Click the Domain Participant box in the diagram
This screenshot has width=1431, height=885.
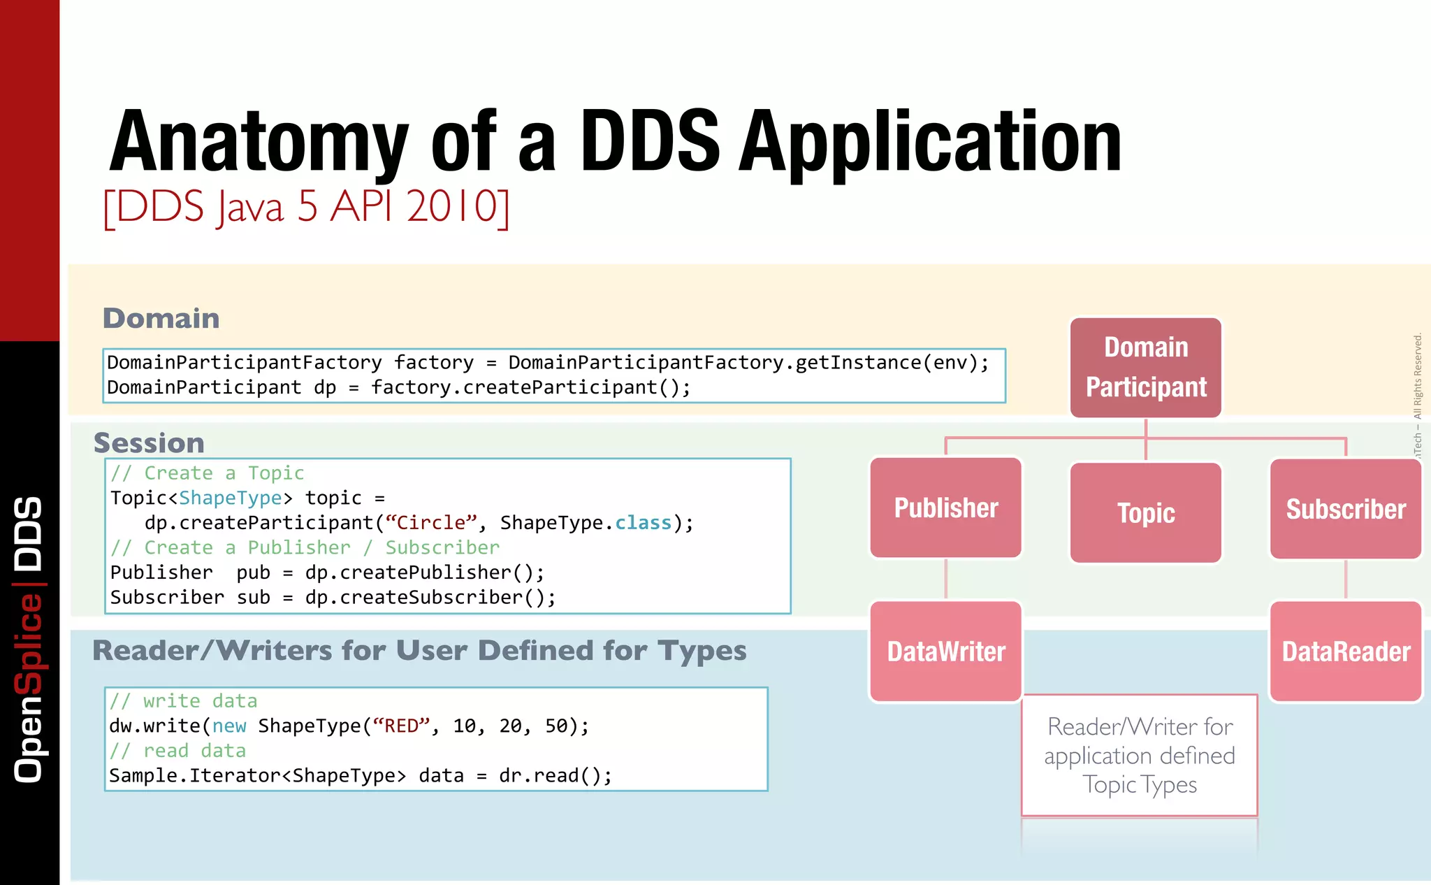pos(1146,368)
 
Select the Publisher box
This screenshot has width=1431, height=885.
pos(946,508)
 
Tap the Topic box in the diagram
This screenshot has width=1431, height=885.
pos(1146,512)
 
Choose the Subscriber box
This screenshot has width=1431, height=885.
pos(1346,509)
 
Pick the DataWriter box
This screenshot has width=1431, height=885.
pos(946,652)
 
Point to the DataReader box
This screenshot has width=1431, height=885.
pos(1346,652)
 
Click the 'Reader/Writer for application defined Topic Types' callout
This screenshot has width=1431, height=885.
pos(1140,756)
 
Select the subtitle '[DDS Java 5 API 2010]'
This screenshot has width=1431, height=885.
pos(306,207)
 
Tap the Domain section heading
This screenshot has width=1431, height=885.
pos(161,319)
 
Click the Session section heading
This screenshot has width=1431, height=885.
pos(149,443)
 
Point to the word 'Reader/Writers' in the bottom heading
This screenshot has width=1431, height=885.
pos(212,651)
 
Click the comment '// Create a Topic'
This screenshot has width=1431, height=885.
pos(207,473)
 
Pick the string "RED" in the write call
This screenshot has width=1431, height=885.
pos(401,726)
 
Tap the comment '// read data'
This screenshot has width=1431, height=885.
pos(177,751)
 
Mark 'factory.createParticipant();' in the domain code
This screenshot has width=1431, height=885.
pos(530,387)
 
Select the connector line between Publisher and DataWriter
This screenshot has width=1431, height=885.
pos(946,579)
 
